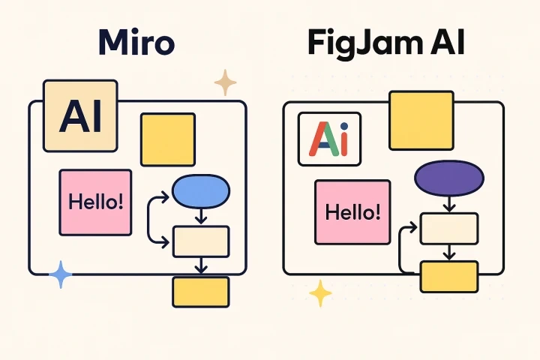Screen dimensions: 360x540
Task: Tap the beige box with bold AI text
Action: (81, 115)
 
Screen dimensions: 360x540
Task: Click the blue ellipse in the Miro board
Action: (201, 192)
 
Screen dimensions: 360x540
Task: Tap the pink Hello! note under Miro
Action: (96, 202)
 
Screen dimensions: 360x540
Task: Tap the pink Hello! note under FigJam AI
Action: (352, 212)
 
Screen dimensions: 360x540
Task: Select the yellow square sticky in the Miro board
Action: (168, 139)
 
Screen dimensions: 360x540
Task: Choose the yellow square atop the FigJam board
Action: (421, 120)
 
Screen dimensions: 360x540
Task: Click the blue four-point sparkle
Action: (61, 275)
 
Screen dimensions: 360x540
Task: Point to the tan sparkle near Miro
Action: (225, 82)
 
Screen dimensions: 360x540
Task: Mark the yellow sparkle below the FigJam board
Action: (320, 293)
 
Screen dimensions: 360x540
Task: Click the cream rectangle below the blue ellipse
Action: (201, 241)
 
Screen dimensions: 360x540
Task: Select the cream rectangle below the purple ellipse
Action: (448, 229)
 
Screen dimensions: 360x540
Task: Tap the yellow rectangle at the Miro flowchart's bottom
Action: (201, 292)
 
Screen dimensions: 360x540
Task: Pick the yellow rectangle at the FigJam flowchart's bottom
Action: (448, 276)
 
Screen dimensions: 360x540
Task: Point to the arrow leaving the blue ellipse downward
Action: (201, 216)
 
